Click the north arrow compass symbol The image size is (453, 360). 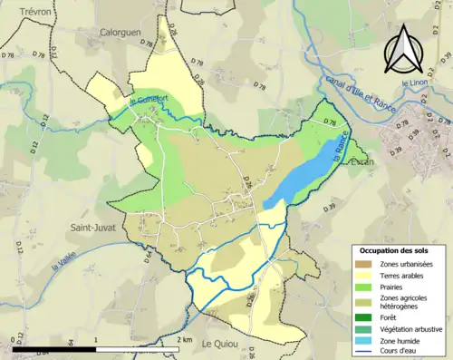tap(401, 49)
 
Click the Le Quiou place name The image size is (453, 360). tap(219, 344)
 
